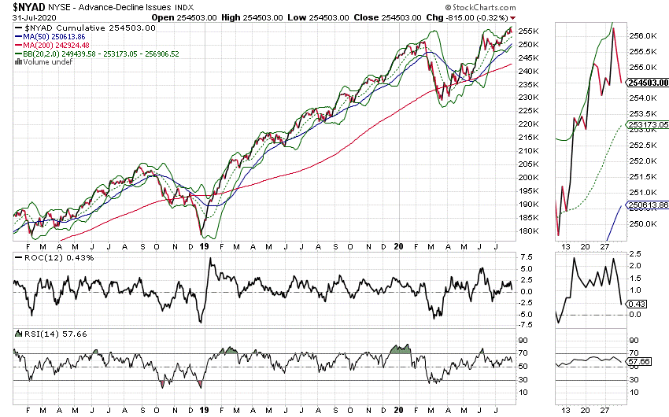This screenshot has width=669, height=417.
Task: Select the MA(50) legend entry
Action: tap(54, 37)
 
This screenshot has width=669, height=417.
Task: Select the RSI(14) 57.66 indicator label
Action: tap(41, 334)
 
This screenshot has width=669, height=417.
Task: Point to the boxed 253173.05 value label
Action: tap(649, 125)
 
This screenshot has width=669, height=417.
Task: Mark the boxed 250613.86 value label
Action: tap(649, 205)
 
